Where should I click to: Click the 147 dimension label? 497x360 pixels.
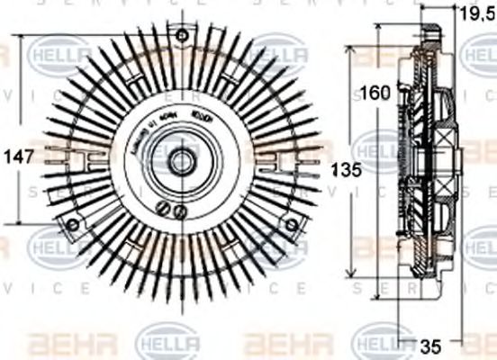coord(19,155)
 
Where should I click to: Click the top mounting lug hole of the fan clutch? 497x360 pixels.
coord(183,36)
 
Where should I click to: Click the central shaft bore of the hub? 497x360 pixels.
coord(180,163)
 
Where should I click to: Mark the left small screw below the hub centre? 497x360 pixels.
coord(164,210)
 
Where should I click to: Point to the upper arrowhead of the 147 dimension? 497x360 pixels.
coord(19,39)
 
